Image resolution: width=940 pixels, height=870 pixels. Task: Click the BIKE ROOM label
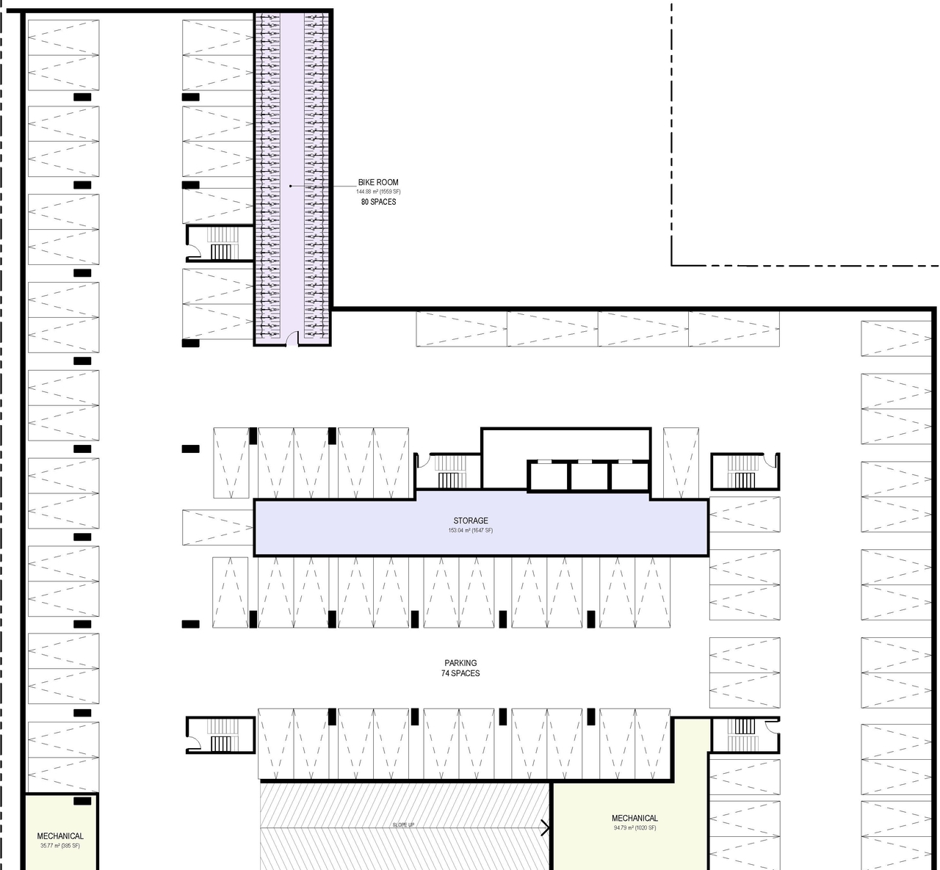[378, 182]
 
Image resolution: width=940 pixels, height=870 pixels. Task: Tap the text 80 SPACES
[378, 202]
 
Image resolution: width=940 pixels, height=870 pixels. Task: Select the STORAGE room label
[470, 521]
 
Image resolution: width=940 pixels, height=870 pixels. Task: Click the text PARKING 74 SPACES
[460, 668]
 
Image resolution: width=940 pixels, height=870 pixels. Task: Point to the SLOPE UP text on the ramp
[403, 825]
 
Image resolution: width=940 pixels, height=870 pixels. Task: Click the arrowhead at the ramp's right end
[546, 827]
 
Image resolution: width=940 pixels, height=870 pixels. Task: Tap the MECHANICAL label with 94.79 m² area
[634, 818]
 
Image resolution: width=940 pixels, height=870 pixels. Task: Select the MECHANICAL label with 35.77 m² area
[60, 835]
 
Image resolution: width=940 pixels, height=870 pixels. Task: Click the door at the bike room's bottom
[292, 338]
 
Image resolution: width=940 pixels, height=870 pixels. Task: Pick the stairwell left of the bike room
[220, 244]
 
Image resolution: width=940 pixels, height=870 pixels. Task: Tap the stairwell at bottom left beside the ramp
[220, 735]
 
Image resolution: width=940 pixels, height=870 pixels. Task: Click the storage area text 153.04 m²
[470, 531]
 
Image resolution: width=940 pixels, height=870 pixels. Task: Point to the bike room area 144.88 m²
[378, 192]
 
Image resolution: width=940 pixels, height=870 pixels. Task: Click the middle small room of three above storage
[590, 476]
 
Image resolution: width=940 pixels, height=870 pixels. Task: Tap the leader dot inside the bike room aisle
[291, 186]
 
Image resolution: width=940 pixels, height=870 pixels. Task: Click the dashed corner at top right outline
[672, 264]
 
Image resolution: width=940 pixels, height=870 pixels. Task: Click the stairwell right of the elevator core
[744, 471]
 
